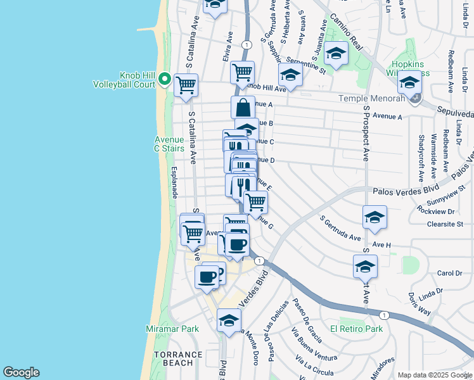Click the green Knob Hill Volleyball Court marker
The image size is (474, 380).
(x=164, y=79)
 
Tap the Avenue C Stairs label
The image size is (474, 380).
(x=169, y=144)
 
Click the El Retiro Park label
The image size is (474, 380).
(x=356, y=329)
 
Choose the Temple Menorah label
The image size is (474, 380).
(x=371, y=98)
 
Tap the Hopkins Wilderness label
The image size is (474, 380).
(x=410, y=68)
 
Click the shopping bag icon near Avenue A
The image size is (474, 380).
(x=243, y=108)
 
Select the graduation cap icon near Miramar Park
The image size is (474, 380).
(x=229, y=320)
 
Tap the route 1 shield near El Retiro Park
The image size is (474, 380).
(x=383, y=315)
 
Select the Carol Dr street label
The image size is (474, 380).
(x=449, y=273)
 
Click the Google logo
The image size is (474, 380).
(x=21, y=372)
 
